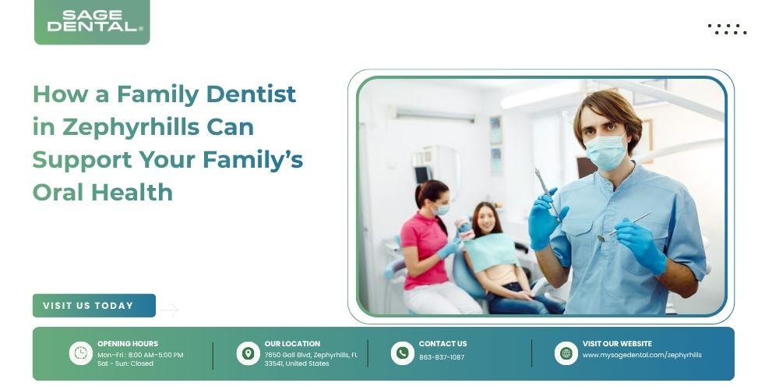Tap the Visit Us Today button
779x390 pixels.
[94, 306]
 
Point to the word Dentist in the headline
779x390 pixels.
[251, 94]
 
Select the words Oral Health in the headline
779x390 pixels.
[103, 192]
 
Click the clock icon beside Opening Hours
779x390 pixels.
[80, 353]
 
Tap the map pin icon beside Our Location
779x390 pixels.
[248, 353]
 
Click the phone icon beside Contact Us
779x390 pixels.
[403, 353]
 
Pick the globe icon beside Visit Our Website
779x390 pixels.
[566, 353]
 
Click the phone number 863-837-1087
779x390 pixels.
[442, 357]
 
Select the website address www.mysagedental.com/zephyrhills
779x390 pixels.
[642, 355]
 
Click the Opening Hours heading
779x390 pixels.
[128, 343]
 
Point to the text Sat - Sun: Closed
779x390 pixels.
[125, 363]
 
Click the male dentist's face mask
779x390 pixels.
[606, 152]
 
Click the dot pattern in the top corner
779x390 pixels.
[727, 30]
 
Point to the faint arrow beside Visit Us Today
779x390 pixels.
[169, 310]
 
